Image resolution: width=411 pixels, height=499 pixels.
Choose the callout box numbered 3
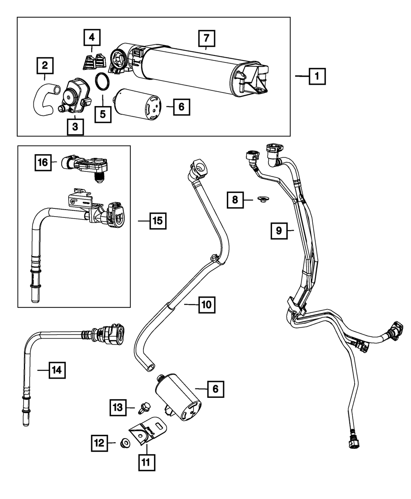pos(75,127)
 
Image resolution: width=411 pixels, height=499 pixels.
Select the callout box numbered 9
pos(279,231)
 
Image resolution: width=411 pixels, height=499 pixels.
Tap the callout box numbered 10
pos(207,305)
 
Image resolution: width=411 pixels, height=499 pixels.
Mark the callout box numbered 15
pos(158,221)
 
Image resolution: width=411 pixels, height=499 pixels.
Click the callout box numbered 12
pos(99,443)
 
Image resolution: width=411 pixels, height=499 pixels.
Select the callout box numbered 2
pos(45,65)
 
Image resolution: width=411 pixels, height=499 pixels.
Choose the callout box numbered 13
pos(118,407)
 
